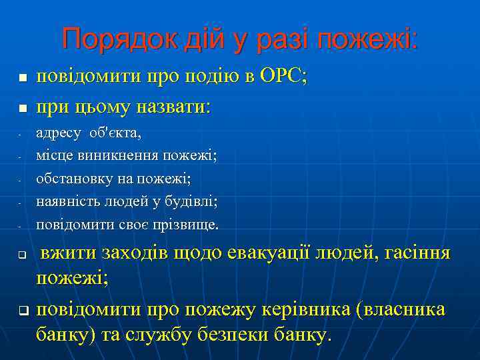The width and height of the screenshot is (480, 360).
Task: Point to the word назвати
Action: pyautogui.click(x=174, y=106)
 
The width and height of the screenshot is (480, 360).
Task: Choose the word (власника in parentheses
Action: pyautogui.click(x=401, y=310)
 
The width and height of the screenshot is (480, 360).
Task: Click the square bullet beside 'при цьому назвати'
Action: pyautogui.click(x=21, y=107)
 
